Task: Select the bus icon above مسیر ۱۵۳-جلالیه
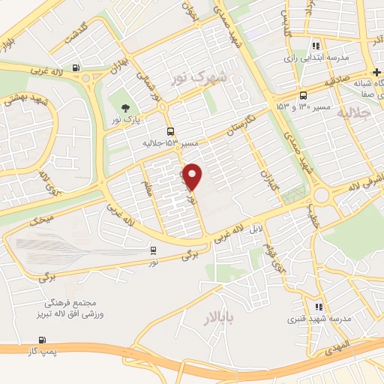[x=169, y=130]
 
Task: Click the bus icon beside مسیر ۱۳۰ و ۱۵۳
[x=303, y=95]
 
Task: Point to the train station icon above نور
[x=153, y=250]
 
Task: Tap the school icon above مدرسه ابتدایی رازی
[x=316, y=44]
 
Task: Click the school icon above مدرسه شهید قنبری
[x=319, y=307]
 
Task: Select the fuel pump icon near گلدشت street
[x=76, y=68]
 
